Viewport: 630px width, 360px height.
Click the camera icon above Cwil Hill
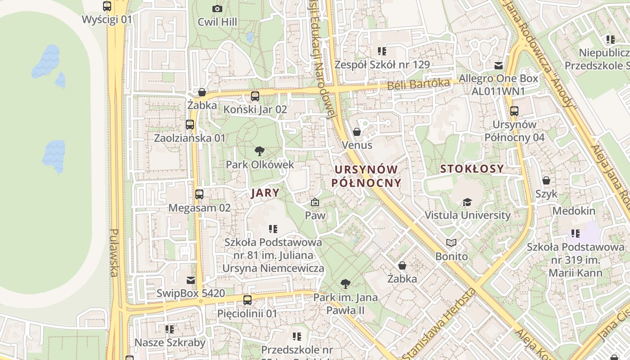coord(217,9)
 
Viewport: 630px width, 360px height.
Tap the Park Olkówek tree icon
coord(259,151)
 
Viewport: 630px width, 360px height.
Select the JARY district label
coord(265,193)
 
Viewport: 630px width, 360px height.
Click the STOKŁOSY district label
coord(472,169)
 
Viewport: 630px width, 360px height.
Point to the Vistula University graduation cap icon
coord(468,202)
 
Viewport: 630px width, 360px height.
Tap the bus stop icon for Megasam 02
coord(199,194)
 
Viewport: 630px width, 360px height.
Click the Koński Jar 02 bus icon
coord(255,96)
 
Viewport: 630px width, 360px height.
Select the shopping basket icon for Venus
coord(357,132)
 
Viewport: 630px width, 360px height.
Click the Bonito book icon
coord(451,243)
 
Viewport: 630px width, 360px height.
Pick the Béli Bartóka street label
coord(418,84)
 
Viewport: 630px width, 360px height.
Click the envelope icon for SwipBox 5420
coord(191,280)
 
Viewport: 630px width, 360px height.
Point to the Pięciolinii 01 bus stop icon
coord(247,300)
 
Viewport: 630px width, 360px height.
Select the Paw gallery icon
coord(315,202)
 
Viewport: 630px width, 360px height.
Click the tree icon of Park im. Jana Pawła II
coord(345,284)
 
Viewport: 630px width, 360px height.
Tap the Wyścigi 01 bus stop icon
coord(107,6)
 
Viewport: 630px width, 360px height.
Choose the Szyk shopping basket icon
coord(546,180)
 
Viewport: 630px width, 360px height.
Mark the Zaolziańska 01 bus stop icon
coord(189,125)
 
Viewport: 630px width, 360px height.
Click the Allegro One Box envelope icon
coord(498,65)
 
